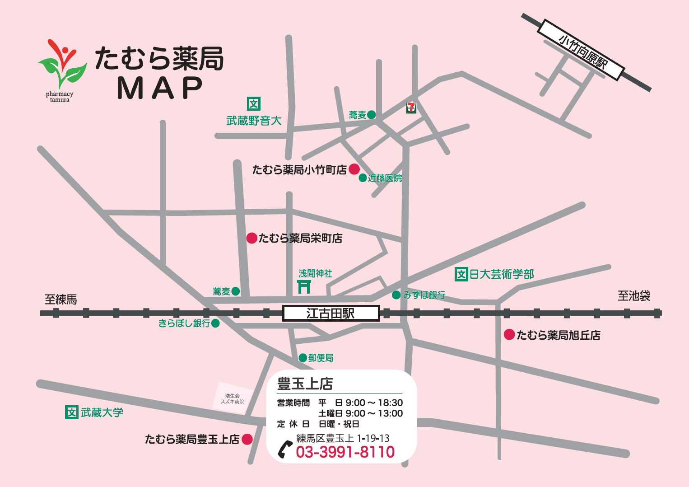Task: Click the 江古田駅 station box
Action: [x=331, y=313]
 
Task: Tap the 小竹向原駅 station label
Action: [x=582, y=51]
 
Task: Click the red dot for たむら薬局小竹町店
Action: [x=354, y=169]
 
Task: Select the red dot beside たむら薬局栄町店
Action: [x=251, y=238]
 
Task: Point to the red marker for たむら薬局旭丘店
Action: [x=509, y=335]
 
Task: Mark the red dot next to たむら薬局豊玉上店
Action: [x=247, y=439]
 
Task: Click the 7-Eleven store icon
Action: [x=411, y=108]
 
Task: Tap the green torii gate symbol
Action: [x=304, y=286]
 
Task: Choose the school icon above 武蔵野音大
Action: [x=254, y=104]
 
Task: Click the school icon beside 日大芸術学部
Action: [x=461, y=274]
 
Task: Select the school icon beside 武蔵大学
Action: [x=72, y=412]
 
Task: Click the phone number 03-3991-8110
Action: [x=345, y=452]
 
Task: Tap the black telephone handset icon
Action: [x=285, y=449]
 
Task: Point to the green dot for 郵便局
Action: [x=303, y=358]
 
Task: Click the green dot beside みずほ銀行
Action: [x=396, y=295]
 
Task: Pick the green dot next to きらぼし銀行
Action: [x=215, y=323]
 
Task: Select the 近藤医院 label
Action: [x=385, y=178]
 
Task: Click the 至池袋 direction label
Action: [x=634, y=296]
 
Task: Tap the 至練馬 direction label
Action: [x=61, y=299]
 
